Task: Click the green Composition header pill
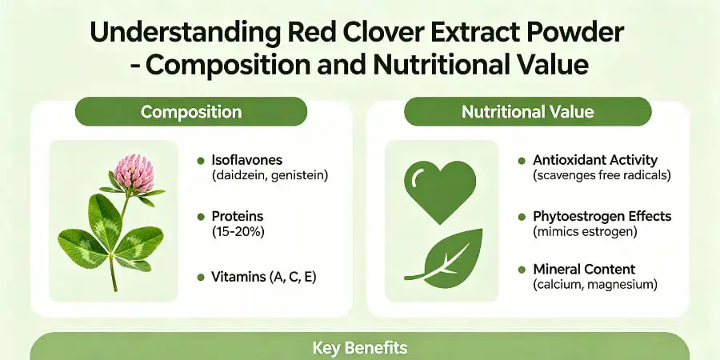pos(190,112)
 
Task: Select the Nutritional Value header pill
pos(527,112)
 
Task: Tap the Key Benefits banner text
pos(359,348)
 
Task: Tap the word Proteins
pos(238,217)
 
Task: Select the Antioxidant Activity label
pos(595,160)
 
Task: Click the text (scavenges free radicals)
pos(602,174)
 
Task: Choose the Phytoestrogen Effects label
pos(602,216)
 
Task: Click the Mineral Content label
pos(584,270)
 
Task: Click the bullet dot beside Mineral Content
pos(521,270)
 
